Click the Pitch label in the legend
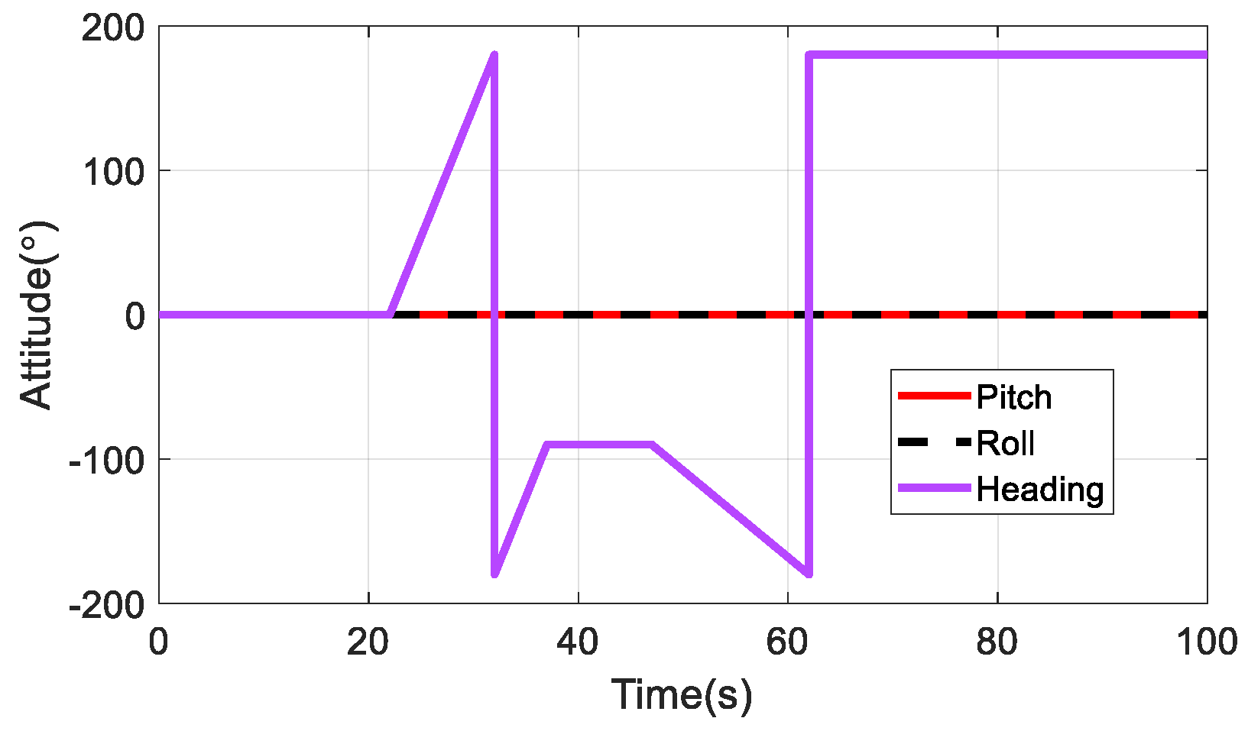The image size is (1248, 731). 1013,398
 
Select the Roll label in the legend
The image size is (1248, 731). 1005,444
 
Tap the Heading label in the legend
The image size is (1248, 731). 1039,489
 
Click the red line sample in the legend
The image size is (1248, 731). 934,396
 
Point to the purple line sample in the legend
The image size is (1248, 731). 934,487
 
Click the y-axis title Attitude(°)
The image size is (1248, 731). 36,314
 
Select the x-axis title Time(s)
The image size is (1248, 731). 682,694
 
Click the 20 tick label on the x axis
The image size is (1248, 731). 368,643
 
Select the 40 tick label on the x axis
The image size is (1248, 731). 578,643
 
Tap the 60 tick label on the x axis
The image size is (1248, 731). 788,643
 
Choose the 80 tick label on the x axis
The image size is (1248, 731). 997,643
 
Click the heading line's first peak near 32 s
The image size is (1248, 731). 494,55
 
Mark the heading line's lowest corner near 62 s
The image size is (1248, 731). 809,574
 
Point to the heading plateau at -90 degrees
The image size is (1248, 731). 599,445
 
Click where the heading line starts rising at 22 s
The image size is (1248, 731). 391,314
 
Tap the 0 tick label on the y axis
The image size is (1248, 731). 135,315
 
